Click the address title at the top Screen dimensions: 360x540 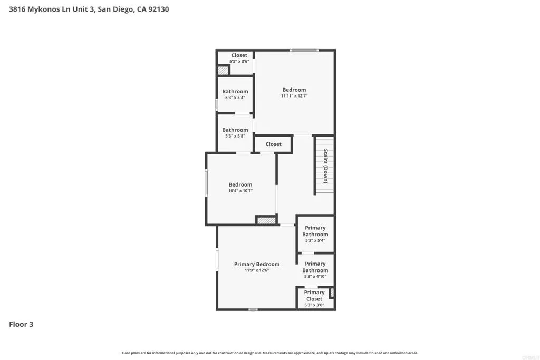point(89,9)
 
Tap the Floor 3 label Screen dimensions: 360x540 point(21,324)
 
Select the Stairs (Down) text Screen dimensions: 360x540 point(326,166)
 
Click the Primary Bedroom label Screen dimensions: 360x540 point(257,264)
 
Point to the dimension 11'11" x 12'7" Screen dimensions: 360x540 point(294,96)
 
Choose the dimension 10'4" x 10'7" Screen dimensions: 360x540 point(240,191)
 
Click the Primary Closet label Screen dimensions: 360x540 point(314,295)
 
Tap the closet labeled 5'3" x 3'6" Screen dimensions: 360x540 point(239,58)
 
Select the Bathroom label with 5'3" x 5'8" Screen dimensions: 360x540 point(235,130)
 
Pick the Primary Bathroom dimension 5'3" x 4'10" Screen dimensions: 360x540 point(315,277)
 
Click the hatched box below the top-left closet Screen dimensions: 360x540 point(223,70)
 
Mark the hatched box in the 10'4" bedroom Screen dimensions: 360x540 point(266,220)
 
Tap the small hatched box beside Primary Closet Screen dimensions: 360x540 point(332,293)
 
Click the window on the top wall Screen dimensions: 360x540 point(304,51)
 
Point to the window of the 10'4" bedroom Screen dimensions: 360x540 point(206,183)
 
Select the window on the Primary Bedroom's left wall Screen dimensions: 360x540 point(217,259)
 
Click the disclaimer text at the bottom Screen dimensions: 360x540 point(269,353)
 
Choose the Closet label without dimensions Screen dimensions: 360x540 point(273,144)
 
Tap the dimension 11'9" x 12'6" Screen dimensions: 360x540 point(257,270)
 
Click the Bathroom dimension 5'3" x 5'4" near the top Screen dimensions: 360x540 point(235,98)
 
